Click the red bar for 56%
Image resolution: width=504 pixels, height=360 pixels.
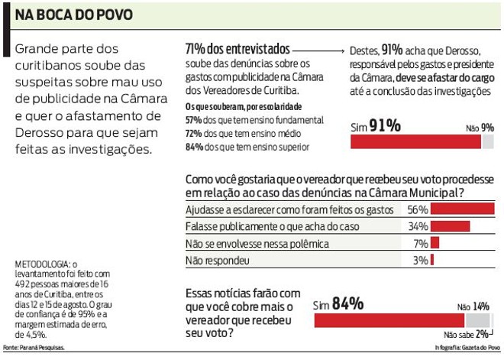[463, 209]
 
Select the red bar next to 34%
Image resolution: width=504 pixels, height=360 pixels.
[451, 226]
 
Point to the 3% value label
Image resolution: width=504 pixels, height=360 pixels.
[420, 261]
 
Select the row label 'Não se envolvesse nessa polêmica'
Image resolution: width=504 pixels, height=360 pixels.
[257, 244]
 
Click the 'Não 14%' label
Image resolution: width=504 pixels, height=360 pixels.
[473, 306]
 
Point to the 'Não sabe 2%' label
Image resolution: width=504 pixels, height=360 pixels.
[466, 335]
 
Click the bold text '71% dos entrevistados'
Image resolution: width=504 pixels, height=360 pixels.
[237, 48]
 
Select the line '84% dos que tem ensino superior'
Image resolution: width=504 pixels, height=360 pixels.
[247, 146]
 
